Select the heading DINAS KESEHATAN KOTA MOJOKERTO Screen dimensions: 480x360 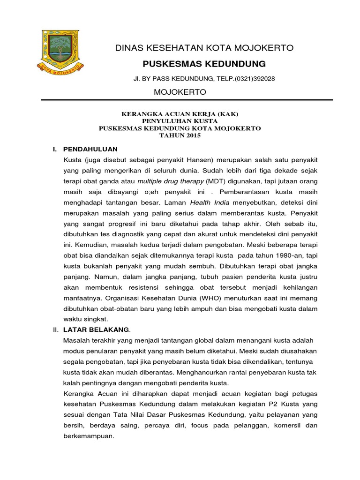204,48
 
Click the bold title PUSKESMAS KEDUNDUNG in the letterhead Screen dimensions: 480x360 204,64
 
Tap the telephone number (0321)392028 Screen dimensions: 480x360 253,79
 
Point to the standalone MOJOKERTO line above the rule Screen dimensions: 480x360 180,92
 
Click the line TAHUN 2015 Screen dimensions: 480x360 180,135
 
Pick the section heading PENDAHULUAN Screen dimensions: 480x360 90,149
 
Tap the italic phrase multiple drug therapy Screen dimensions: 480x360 171,181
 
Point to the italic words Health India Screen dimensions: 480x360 209,202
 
